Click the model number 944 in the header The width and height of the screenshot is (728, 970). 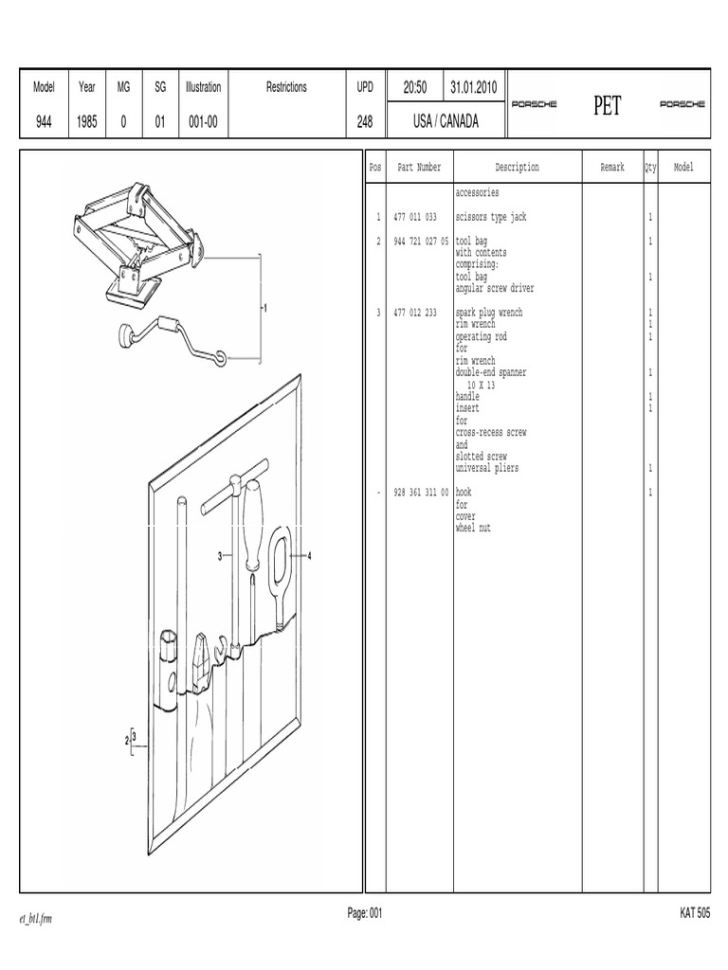pyautogui.click(x=44, y=122)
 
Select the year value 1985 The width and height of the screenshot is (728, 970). pyautogui.click(x=86, y=122)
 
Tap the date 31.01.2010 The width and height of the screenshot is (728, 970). pyautogui.click(x=474, y=87)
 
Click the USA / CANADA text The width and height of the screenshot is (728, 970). pyautogui.click(x=446, y=121)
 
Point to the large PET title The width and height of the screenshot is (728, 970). pyautogui.click(x=608, y=105)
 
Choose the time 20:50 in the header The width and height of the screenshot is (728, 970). pyautogui.click(x=415, y=87)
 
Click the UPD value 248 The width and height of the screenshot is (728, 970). pyautogui.click(x=365, y=122)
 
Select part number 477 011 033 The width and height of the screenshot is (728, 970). pyautogui.click(x=415, y=217)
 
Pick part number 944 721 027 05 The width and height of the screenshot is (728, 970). pyautogui.click(x=421, y=242)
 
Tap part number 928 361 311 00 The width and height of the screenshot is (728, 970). pyautogui.click(x=421, y=493)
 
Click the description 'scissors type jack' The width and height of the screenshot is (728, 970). pyautogui.click(x=491, y=217)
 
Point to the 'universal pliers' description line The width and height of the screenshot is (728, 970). pyautogui.click(x=487, y=468)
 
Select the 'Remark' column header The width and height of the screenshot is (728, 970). pyautogui.click(x=612, y=167)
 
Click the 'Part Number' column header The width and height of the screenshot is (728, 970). pyautogui.click(x=419, y=167)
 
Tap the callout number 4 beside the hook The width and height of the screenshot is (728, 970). pyautogui.click(x=310, y=556)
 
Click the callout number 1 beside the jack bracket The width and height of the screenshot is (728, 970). pyautogui.click(x=265, y=308)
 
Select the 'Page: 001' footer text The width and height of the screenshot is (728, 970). pyautogui.click(x=365, y=913)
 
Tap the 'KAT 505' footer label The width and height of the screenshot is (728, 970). pyautogui.click(x=695, y=913)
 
